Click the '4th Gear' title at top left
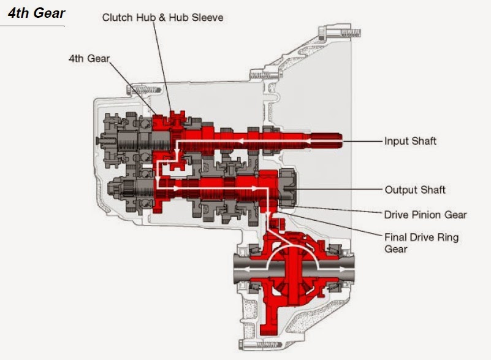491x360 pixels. click(x=36, y=13)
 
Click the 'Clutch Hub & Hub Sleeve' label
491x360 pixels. click(x=162, y=17)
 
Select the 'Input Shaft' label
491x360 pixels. click(x=410, y=141)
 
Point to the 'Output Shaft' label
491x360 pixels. click(x=414, y=190)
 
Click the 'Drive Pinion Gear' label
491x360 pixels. click(x=425, y=215)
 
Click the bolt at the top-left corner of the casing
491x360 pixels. click(x=134, y=90)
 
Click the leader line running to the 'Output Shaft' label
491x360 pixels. click(x=343, y=190)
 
